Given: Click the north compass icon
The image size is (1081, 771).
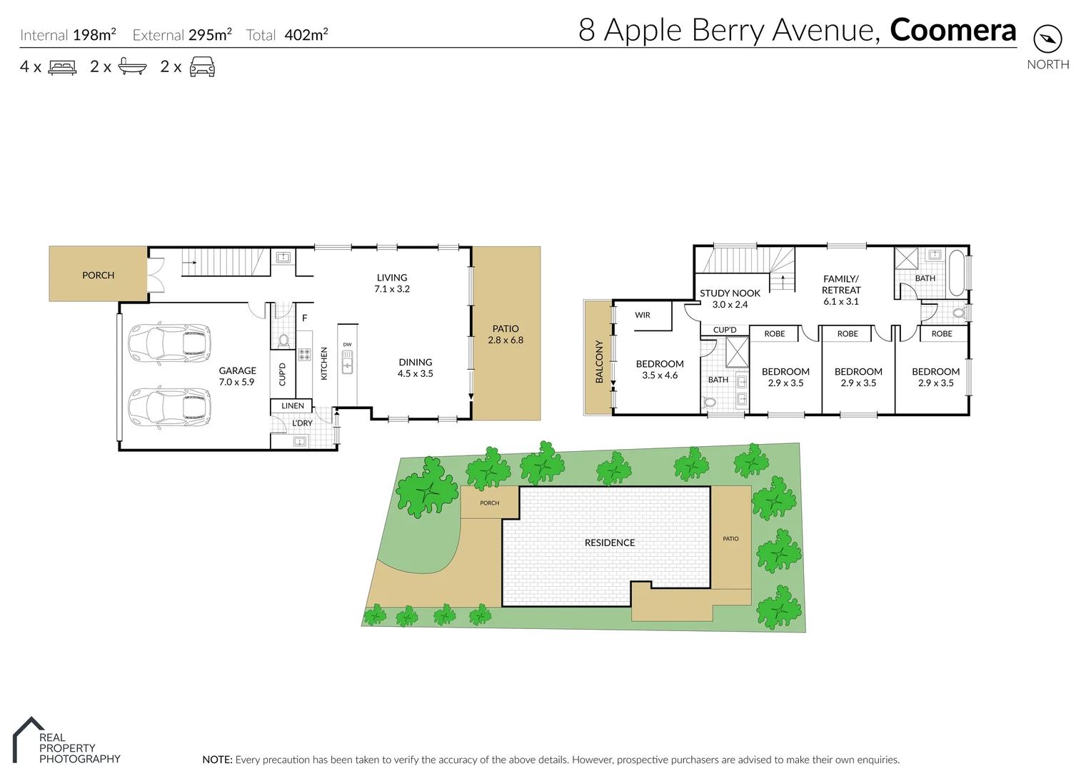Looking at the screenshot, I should click(1047, 39).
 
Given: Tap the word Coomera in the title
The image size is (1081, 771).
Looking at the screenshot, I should click(952, 30).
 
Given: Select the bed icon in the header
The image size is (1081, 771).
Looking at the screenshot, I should click(62, 68).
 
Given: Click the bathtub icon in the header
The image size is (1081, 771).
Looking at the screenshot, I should click(132, 67).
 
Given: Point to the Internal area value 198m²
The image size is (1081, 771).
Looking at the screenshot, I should click(94, 34).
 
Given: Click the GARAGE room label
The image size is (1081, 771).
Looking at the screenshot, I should click(237, 376).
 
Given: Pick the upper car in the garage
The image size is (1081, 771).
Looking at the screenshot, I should click(169, 344).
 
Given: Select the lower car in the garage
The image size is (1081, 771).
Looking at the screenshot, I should click(169, 408).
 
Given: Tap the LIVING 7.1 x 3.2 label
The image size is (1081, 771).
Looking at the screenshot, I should click(392, 283).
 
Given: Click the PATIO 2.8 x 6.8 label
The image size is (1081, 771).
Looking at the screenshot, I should click(506, 334).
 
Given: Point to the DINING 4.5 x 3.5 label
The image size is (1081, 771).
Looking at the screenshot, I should click(416, 368).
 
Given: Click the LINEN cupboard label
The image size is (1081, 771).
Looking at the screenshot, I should click(293, 405).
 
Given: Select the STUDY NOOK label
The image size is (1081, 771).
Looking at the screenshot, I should click(730, 298).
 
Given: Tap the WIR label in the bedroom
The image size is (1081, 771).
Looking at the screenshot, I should click(643, 315).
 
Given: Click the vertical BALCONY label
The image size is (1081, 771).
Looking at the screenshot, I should click(599, 361).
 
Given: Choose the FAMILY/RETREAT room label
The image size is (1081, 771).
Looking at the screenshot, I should click(841, 290).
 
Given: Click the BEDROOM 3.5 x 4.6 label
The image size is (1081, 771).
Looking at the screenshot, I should click(660, 369).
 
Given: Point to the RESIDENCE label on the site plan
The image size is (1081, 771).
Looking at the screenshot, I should click(610, 543).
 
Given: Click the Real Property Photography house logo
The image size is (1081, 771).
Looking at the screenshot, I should click(27, 738).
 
